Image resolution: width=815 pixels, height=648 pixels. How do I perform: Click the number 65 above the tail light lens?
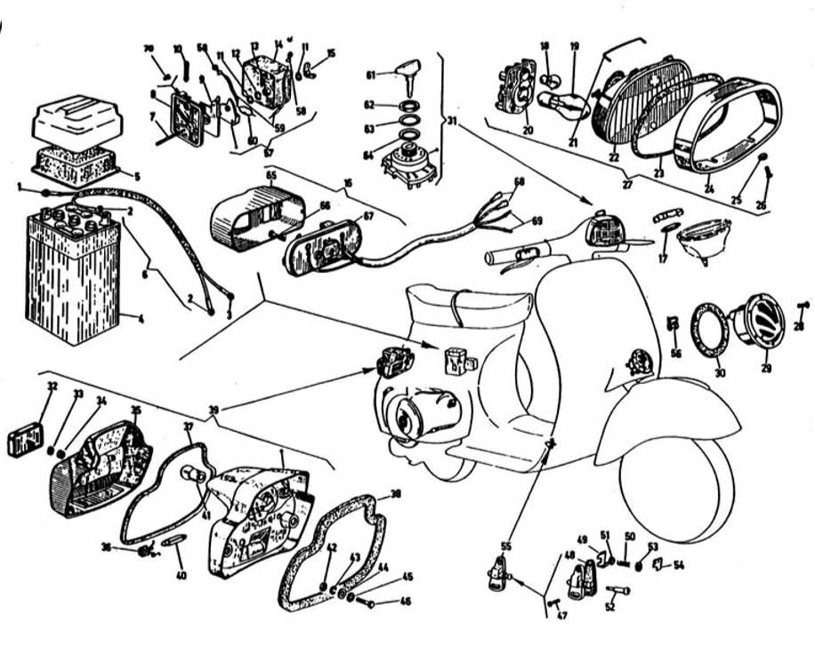(270, 175)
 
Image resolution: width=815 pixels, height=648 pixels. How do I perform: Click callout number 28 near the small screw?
(798, 326)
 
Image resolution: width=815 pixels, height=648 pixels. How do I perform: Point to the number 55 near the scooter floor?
(506, 545)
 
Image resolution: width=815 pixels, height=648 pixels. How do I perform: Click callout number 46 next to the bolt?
(406, 602)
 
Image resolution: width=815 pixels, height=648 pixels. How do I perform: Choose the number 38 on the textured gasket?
(395, 494)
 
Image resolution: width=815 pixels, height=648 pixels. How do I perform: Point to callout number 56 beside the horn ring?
(676, 353)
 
